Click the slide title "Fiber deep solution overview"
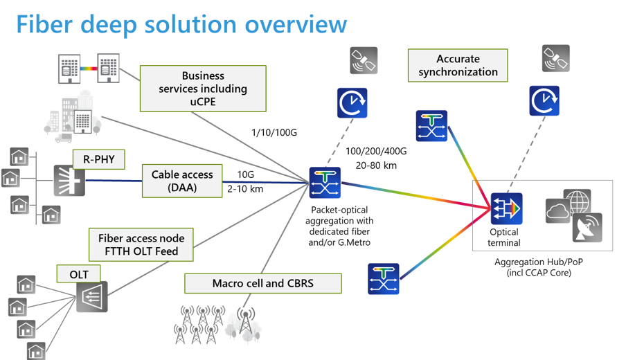click(x=181, y=25)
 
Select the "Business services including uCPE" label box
click(x=203, y=89)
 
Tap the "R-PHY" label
click(x=98, y=161)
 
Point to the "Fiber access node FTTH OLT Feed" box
click(x=142, y=244)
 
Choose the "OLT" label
click(x=78, y=275)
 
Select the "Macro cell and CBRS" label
click(x=263, y=283)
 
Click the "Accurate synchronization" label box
click(x=458, y=66)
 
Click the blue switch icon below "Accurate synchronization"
click(x=432, y=126)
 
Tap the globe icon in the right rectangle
click(x=577, y=203)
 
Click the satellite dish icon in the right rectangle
click(x=587, y=227)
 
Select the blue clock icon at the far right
click(x=544, y=101)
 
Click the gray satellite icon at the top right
click(x=556, y=58)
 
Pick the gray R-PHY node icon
click(x=69, y=181)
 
